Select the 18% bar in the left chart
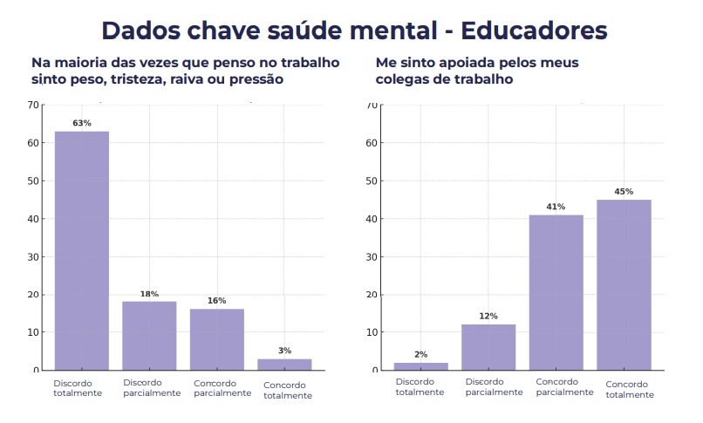coord(149,335)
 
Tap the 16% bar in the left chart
coord(217,339)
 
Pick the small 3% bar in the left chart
coord(284,365)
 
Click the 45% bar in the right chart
coord(624,284)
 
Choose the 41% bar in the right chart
coord(556,292)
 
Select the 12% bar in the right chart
coord(488,347)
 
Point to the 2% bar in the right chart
coord(421,366)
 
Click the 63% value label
coord(82,123)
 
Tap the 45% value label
coord(624,191)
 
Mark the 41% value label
coord(556,207)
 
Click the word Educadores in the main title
coord(533,31)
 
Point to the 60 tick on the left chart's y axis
coord(33,143)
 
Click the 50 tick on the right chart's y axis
coord(372,181)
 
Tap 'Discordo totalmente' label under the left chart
coord(78,388)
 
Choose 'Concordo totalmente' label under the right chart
coord(629,390)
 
